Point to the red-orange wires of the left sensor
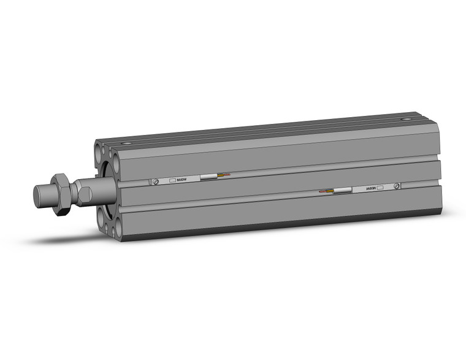(224, 175)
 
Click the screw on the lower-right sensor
(397, 186)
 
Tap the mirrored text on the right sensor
(370, 188)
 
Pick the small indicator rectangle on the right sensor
(380, 187)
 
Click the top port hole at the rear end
(403, 119)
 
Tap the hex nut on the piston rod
(61, 193)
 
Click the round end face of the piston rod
(38, 196)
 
